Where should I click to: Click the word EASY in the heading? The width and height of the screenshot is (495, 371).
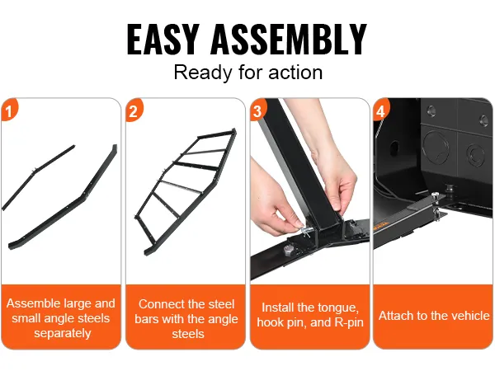pos(163,39)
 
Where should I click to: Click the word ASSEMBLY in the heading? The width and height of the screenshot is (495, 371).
pos(289,39)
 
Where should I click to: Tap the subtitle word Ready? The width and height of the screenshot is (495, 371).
pos(202,73)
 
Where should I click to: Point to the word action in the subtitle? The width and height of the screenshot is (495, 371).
pos(295,73)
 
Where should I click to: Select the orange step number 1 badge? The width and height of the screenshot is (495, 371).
pos(9,110)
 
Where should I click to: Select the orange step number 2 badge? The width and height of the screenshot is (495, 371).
pos(134,110)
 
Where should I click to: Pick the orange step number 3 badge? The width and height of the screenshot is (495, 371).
pos(258,110)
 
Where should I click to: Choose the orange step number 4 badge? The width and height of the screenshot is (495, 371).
pos(381,110)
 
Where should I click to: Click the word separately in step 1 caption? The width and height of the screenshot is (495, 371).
pos(63,333)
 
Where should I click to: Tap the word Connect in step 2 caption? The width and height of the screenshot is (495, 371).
pos(159,304)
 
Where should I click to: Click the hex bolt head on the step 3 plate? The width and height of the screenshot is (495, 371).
pos(289,252)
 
